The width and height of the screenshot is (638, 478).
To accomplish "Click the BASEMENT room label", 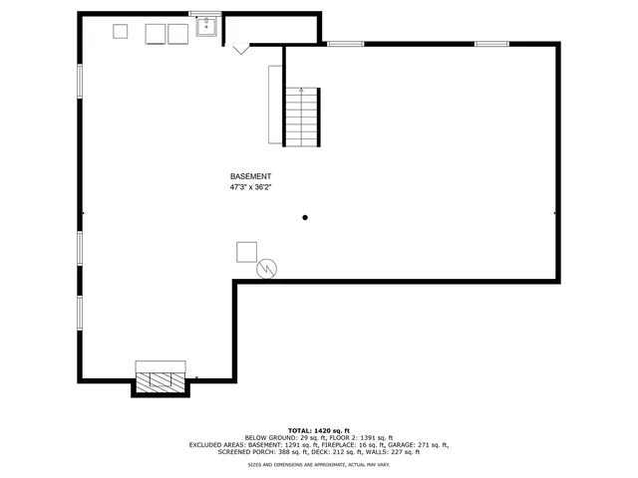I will [x=250, y=176].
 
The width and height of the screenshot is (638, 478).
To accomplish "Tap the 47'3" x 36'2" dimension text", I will [x=250, y=186].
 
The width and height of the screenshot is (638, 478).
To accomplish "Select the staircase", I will [x=303, y=117].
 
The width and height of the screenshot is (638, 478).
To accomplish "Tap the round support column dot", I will [x=306, y=217].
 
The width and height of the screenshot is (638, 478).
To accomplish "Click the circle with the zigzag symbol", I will [x=267, y=268].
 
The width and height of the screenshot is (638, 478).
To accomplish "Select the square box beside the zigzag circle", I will [x=246, y=252].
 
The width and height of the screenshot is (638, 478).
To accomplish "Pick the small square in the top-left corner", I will [x=120, y=31].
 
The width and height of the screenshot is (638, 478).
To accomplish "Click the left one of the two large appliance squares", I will [x=156, y=34].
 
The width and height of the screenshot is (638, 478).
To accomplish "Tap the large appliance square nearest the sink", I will [x=177, y=34].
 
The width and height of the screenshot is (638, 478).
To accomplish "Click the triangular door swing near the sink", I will [x=240, y=49].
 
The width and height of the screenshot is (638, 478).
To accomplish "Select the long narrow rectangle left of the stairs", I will [x=275, y=105].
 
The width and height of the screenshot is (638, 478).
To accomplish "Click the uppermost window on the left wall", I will [x=80, y=82].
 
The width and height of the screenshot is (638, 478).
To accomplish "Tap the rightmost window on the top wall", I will [x=491, y=44].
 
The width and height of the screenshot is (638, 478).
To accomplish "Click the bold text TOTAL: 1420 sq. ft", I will [x=319, y=429].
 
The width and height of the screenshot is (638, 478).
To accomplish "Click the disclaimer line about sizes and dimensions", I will [x=319, y=465].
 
